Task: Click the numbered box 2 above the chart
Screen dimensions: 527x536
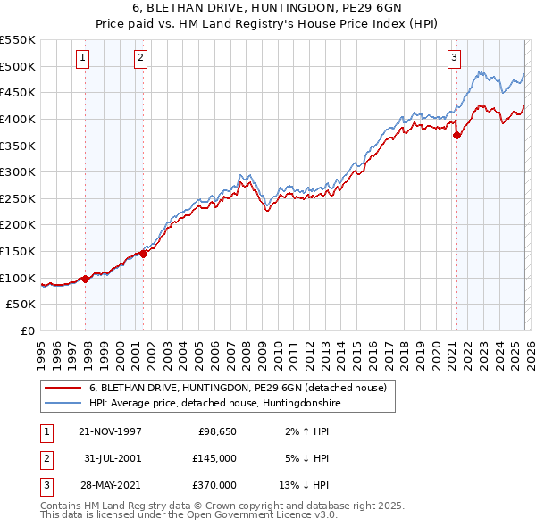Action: coord(140,58)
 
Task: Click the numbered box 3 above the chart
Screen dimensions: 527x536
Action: coord(454,58)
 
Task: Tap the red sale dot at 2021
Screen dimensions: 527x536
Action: coord(456,136)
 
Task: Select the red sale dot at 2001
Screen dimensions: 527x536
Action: coord(143,254)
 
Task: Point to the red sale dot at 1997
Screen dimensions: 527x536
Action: coord(86,279)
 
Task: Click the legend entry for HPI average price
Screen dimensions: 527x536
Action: coord(214,404)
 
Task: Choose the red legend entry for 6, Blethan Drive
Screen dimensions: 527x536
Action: coord(237,389)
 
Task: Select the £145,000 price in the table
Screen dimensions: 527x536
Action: coord(214,458)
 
